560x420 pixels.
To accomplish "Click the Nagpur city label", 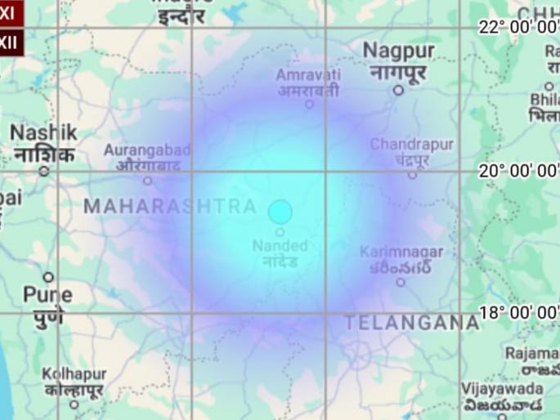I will (x=398, y=61).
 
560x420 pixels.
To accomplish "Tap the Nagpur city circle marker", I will (x=398, y=90).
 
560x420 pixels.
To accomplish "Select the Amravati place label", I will (x=307, y=83).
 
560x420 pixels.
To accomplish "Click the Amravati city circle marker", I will (x=309, y=104).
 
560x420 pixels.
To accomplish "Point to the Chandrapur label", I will (x=411, y=152).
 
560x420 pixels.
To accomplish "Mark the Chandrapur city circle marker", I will (x=412, y=174).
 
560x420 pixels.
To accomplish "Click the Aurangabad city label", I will (x=147, y=158).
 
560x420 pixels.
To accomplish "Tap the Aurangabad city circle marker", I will (x=148, y=181).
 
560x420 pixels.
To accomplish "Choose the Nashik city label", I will (x=43, y=143).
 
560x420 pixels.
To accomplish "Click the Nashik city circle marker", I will (x=44, y=172).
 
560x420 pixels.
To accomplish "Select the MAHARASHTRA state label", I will (x=170, y=207).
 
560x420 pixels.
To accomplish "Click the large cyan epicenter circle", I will (x=280, y=212).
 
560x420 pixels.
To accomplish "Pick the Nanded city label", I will (x=280, y=253).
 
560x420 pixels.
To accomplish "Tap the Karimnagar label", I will (x=401, y=260).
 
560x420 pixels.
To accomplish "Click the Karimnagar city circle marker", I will (x=401, y=282).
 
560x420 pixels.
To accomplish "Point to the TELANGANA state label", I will (x=411, y=323).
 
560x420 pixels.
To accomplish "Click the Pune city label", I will (x=47, y=304).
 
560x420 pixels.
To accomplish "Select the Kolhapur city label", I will (x=74, y=382).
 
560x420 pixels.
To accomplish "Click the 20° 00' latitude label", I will (x=518, y=171).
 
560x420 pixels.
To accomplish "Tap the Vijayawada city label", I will (x=501, y=397).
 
